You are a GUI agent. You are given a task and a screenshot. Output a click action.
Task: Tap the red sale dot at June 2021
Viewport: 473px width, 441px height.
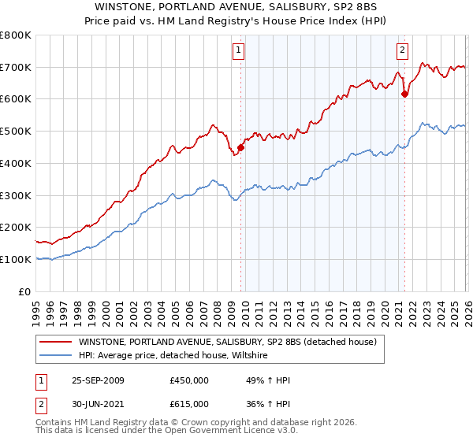pyautogui.click(x=405, y=94)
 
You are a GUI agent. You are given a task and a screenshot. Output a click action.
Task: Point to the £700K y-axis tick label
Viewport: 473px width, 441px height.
pyautogui.click(x=16, y=68)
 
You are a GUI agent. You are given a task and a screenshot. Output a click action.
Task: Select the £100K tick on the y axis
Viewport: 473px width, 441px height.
pyautogui.click(x=16, y=259)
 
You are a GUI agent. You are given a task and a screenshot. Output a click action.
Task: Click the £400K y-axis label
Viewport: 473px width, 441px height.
pyautogui.click(x=16, y=163)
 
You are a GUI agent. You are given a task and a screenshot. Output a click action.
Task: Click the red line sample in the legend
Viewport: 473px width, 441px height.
pyautogui.click(x=55, y=343)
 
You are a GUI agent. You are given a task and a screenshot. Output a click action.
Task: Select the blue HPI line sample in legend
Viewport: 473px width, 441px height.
pyautogui.click(x=55, y=356)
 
